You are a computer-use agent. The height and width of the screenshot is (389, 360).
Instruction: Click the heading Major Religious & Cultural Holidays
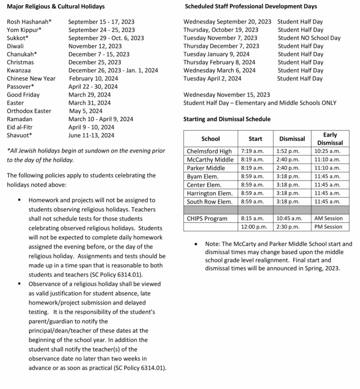pyautogui.click(x=56, y=7)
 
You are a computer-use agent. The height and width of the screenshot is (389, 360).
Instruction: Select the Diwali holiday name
pyautogui.click(x=15, y=46)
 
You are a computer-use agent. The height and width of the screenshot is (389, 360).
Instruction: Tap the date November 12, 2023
pyautogui.click(x=95, y=46)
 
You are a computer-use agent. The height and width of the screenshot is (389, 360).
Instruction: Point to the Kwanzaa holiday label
pyautogui.click(x=19, y=70)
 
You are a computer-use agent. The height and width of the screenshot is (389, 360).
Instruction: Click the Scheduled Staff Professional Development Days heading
pyautogui.click(x=251, y=7)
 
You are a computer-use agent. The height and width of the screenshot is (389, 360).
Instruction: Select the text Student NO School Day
pyautogui.click(x=309, y=38)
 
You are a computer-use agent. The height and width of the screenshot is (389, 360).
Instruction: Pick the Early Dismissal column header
pyautogui.click(x=330, y=138)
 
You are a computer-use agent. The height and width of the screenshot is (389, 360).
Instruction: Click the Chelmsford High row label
pyautogui.click(x=209, y=151)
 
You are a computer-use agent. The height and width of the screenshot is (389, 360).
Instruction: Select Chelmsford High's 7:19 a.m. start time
pyautogui.click(x=252, y=151)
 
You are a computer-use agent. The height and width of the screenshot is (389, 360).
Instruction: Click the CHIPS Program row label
pyautogui.click(x=207, y=218)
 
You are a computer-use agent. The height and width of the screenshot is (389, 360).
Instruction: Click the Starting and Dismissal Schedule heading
pyautogui.click(x=227, y=119)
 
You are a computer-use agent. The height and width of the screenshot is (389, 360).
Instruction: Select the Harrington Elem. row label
pyautogui.click(x=210, y=193)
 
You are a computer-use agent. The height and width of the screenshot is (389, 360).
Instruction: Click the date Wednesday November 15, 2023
pyautogui.click(x=226, y=95)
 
